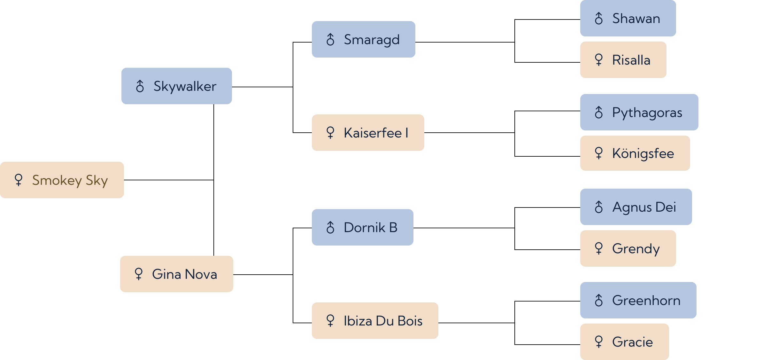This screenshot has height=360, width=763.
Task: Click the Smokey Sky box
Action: coord(62,180)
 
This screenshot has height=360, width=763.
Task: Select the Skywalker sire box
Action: coord(177,86)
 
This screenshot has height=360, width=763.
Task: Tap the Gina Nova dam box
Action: coord(177,274)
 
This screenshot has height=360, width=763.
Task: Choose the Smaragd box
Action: coord(364,39)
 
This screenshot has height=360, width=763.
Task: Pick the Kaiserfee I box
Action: coord(368,133)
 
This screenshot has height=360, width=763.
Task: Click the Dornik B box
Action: coord(363,227)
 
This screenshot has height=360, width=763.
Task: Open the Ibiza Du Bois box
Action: coord(375,321)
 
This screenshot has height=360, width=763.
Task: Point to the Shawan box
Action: coord(628,18)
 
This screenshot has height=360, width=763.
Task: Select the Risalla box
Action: coord(623,60)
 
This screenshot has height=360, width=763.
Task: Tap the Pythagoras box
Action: coord(639,112)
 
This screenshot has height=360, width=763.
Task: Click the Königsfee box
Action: coord(635,153)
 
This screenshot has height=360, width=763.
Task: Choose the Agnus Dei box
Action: coord(636,207)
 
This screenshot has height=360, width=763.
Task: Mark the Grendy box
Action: coord(628,248)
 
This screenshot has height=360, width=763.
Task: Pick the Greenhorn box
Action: coord(638,300)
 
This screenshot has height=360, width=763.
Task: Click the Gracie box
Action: coord(625,342)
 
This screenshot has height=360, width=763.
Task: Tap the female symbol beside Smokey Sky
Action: coord(19,180)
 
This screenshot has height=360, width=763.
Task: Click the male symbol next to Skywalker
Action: coord(140,86)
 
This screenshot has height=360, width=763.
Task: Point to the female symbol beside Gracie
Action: coord(599,342)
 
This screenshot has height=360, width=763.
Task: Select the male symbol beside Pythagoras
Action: coord(599,112)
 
